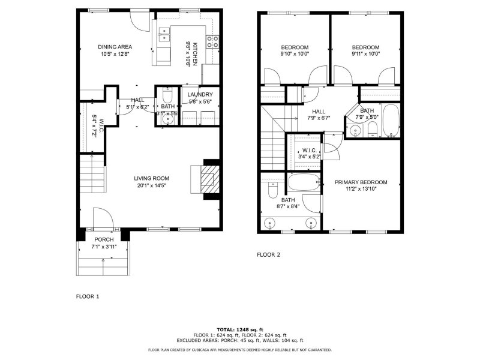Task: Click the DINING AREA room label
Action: click(115, 47)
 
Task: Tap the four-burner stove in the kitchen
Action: click(212, 41)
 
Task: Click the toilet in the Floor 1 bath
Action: click(167, 96)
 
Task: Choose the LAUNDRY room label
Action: click(199, 95)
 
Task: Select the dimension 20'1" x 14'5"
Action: click(151, 185)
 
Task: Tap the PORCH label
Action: click(104, 239)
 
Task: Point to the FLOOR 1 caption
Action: click(88, 296)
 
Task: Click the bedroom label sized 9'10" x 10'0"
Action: click(295, 47)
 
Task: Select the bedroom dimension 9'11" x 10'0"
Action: click(365, 55)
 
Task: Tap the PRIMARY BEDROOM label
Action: click(361, 182)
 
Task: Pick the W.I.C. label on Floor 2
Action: click(310, 150)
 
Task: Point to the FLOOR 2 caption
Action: click(269, 254)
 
